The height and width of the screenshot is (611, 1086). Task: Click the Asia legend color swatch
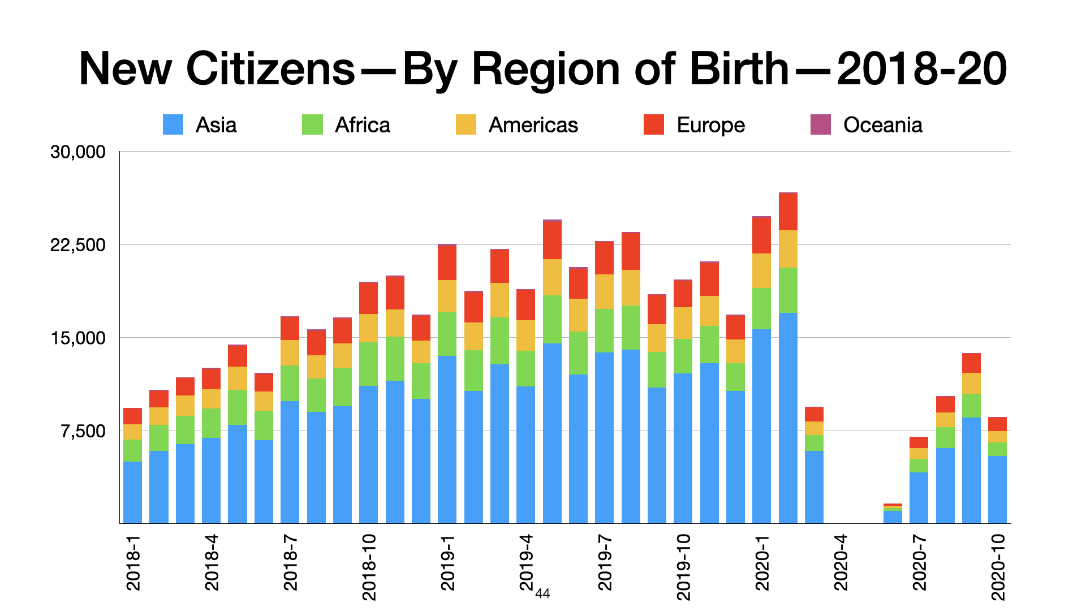(x=173, y=124)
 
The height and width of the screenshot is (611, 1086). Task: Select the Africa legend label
(x=362, y=125)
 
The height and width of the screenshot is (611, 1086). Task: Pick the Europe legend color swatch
(x=654, y=124)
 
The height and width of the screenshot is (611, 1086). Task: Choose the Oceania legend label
(x=882, y=125)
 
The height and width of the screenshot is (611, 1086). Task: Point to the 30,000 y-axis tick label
(x=78, y=152)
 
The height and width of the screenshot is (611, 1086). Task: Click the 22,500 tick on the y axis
(x=78, y=245)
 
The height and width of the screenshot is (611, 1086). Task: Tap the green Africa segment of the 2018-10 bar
(x=368, y=364)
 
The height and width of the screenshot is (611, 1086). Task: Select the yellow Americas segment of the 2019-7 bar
(x=604, y=291)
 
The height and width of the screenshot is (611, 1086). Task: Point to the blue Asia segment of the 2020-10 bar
(x=997, y=489)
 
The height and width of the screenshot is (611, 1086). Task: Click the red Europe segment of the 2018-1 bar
(x=133, y=416)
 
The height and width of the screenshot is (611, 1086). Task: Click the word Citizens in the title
(x=270, y=69)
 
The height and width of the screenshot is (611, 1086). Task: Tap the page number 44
(x=542, y=593)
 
